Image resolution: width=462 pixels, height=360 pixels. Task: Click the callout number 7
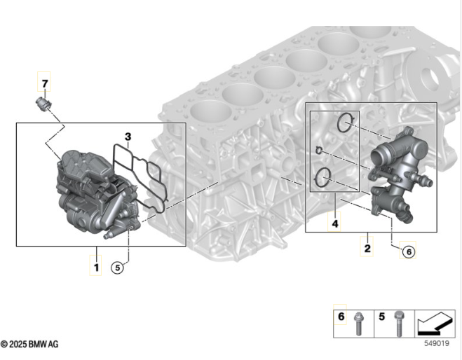44,83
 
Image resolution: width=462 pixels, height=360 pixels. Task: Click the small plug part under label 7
43,104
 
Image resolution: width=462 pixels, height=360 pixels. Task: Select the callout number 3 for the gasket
128,137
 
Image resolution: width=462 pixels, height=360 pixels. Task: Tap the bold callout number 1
96,268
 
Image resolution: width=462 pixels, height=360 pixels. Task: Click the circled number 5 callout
118,268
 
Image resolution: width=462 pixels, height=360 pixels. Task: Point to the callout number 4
335,224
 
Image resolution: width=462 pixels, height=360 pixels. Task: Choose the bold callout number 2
367,249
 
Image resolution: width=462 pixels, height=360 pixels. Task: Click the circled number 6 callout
409,251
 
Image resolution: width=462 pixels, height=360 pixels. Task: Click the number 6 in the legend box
341,317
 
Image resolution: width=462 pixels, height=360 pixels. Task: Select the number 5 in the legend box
382,317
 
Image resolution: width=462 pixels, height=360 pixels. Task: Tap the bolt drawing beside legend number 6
358,324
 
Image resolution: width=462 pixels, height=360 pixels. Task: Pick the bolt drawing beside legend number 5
399,324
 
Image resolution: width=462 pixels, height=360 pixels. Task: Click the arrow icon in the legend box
435,324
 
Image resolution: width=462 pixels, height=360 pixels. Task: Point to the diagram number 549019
437,343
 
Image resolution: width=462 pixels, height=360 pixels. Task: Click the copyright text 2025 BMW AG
29,344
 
